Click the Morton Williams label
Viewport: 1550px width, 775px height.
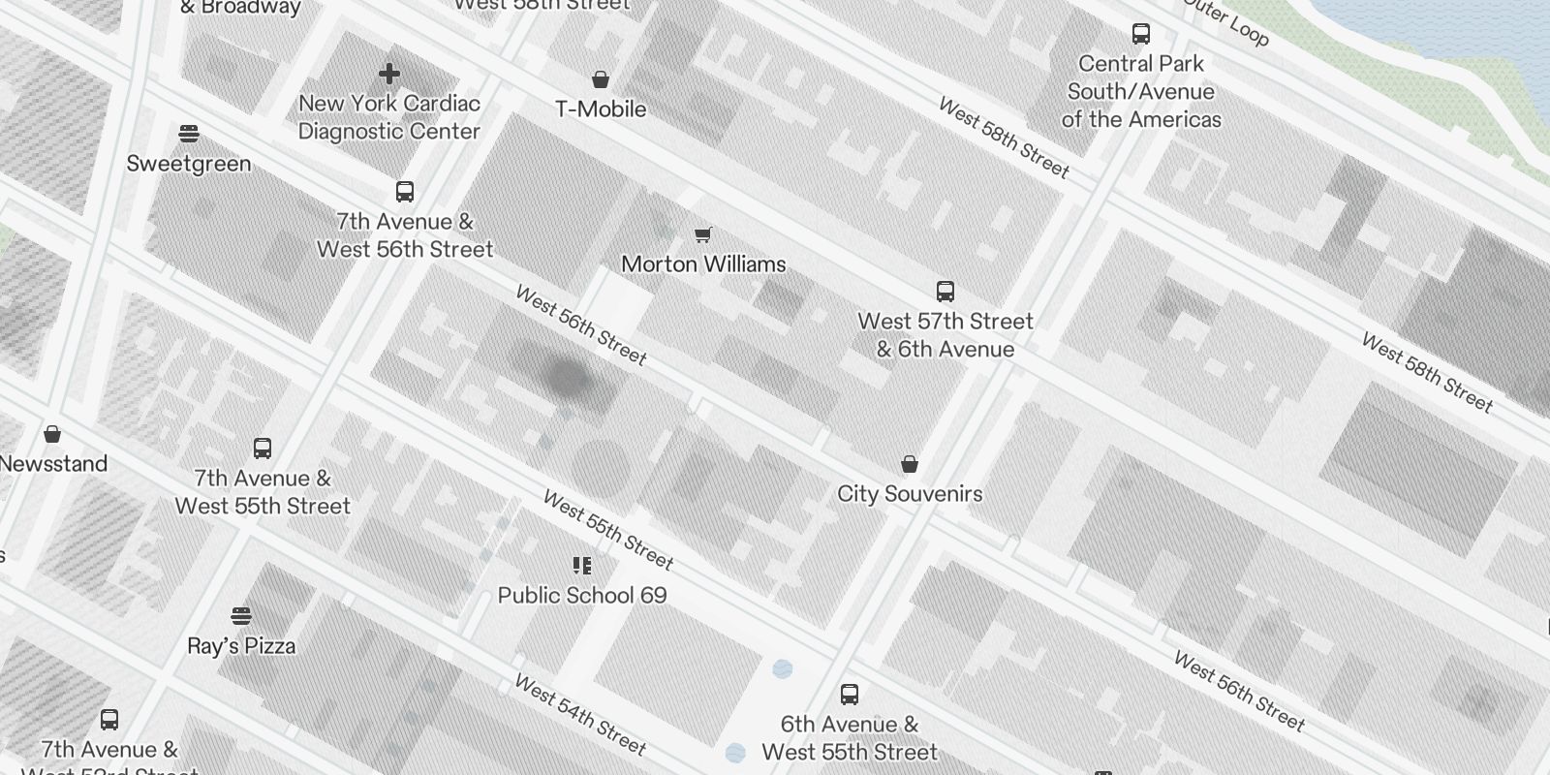[703, 263]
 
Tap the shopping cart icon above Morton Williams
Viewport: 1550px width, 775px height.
[703, 234]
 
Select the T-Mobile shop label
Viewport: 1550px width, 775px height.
[601, 108]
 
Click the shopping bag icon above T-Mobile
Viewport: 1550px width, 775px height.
[601, 78]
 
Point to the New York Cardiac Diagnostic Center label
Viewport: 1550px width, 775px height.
[389, 117]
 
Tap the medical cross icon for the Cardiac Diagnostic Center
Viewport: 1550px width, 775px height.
[389, 74]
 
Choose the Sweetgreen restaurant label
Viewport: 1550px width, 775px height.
[189, 163]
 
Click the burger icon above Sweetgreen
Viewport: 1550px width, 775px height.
[189, 133]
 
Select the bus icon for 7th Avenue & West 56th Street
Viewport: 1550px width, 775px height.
[405, 192]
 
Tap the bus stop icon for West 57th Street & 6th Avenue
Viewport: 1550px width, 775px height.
[945, 291]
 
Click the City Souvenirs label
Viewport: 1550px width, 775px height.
[910, 493]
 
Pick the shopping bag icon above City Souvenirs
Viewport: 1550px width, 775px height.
[910, 464]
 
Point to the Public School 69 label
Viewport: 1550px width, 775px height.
[582, 595]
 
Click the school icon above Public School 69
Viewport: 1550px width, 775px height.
[582, 565]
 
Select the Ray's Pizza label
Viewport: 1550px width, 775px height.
[241, 645]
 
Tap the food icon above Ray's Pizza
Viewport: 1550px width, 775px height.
[241, 616]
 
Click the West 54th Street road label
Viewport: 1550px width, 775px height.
[579, 715]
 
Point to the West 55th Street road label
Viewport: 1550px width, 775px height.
[608, 530]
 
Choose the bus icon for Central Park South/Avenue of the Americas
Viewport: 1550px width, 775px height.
[1141, 34]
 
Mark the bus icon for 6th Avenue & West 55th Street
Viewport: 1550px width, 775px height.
[850, 694]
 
